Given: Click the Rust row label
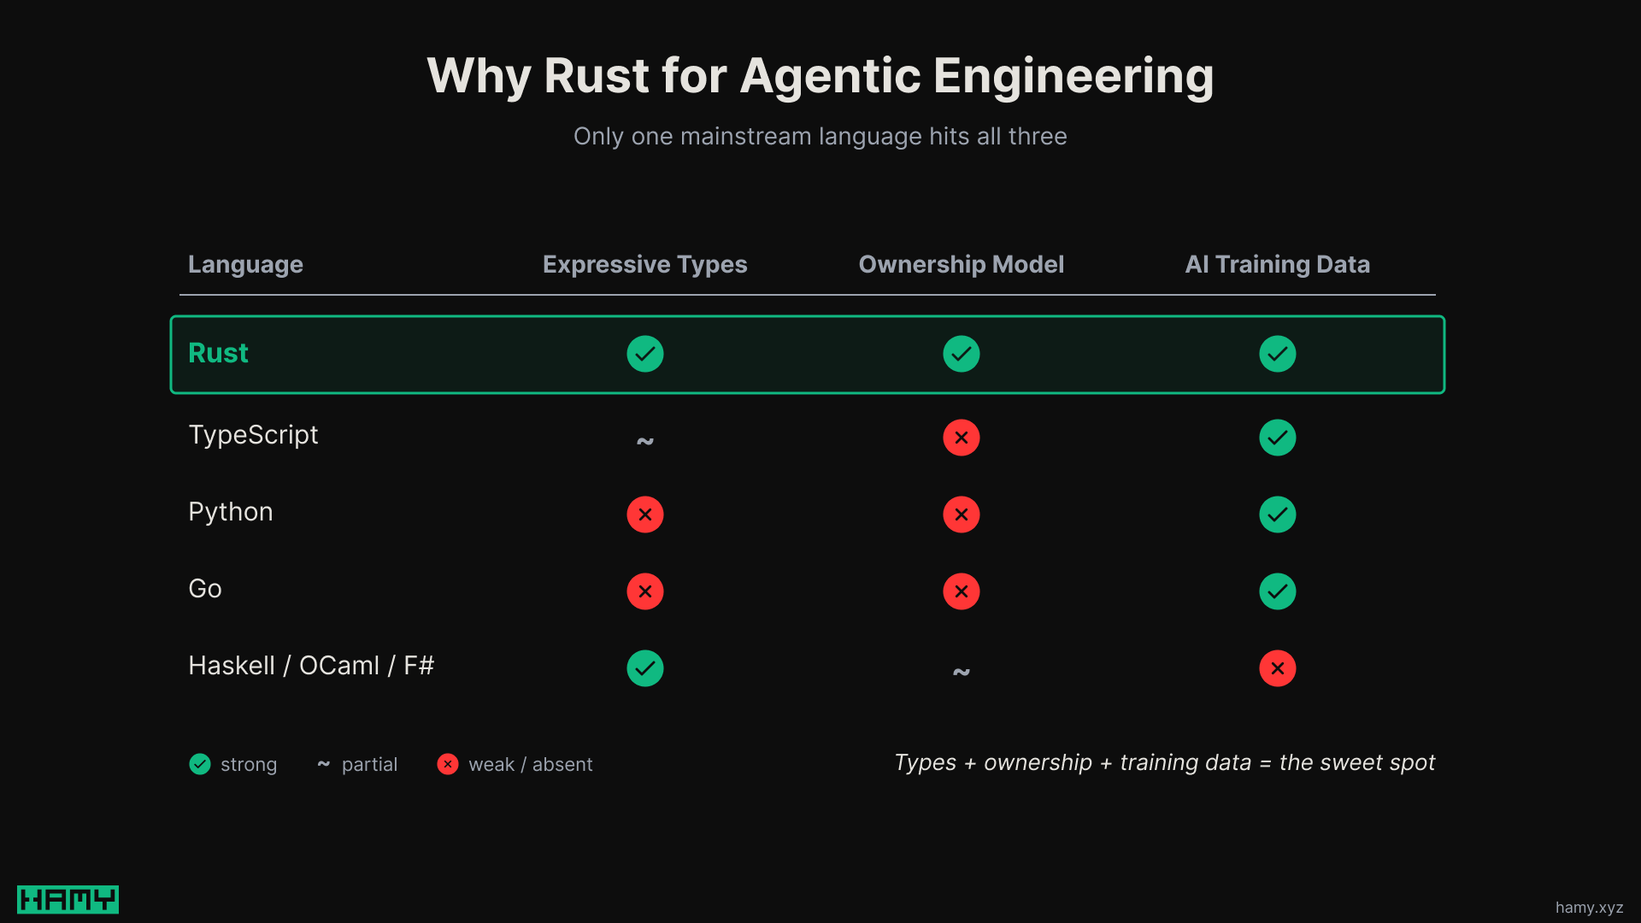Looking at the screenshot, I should pyautogui.click(x=218, y=353).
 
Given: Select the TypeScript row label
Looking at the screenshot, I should pyautogui.click(x=253, y=435).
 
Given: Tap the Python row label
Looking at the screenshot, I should pyautogui.click(x=231, y=512).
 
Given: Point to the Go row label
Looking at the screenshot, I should pyautogui.click(x=205, y=589).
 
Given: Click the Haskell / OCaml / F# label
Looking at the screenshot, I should pyautogui.click(x=311, y=666).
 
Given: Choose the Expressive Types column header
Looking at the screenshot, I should pyautogui.click(x=644, y=265).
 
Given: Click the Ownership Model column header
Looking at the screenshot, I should pyautogui.click(x=961, y=265).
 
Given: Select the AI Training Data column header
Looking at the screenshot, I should pyautogui.click(x=1277, y=265).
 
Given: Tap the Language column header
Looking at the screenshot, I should pyautogui.click(x=245, y=265).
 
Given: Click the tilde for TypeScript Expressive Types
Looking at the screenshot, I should pyautogui.click(x=645, y=441).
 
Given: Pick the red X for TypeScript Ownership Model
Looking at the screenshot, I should pyautogui.click(x=962, y=438).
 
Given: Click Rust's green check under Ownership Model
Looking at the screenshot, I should pyautogui.click(x=962, y=354).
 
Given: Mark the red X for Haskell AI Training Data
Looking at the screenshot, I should pyautogui.click(x=1278, y=668).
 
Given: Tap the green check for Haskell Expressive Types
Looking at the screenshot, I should pyautogui.click(x=645, y=668).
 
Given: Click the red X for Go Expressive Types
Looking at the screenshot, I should pyautogui.click(x=645, y=591).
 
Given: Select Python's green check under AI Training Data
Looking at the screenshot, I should pyautogui.click(x=1278, y=514).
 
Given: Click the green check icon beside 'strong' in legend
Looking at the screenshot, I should pyautogui.click(x=200, y=764).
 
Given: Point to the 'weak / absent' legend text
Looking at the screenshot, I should pyautogui.click(x=530, y=765).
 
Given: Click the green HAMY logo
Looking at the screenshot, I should pyautogui.click(x=68, y=899).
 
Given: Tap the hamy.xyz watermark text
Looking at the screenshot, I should pyautogui.click(x=1589, y=908).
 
